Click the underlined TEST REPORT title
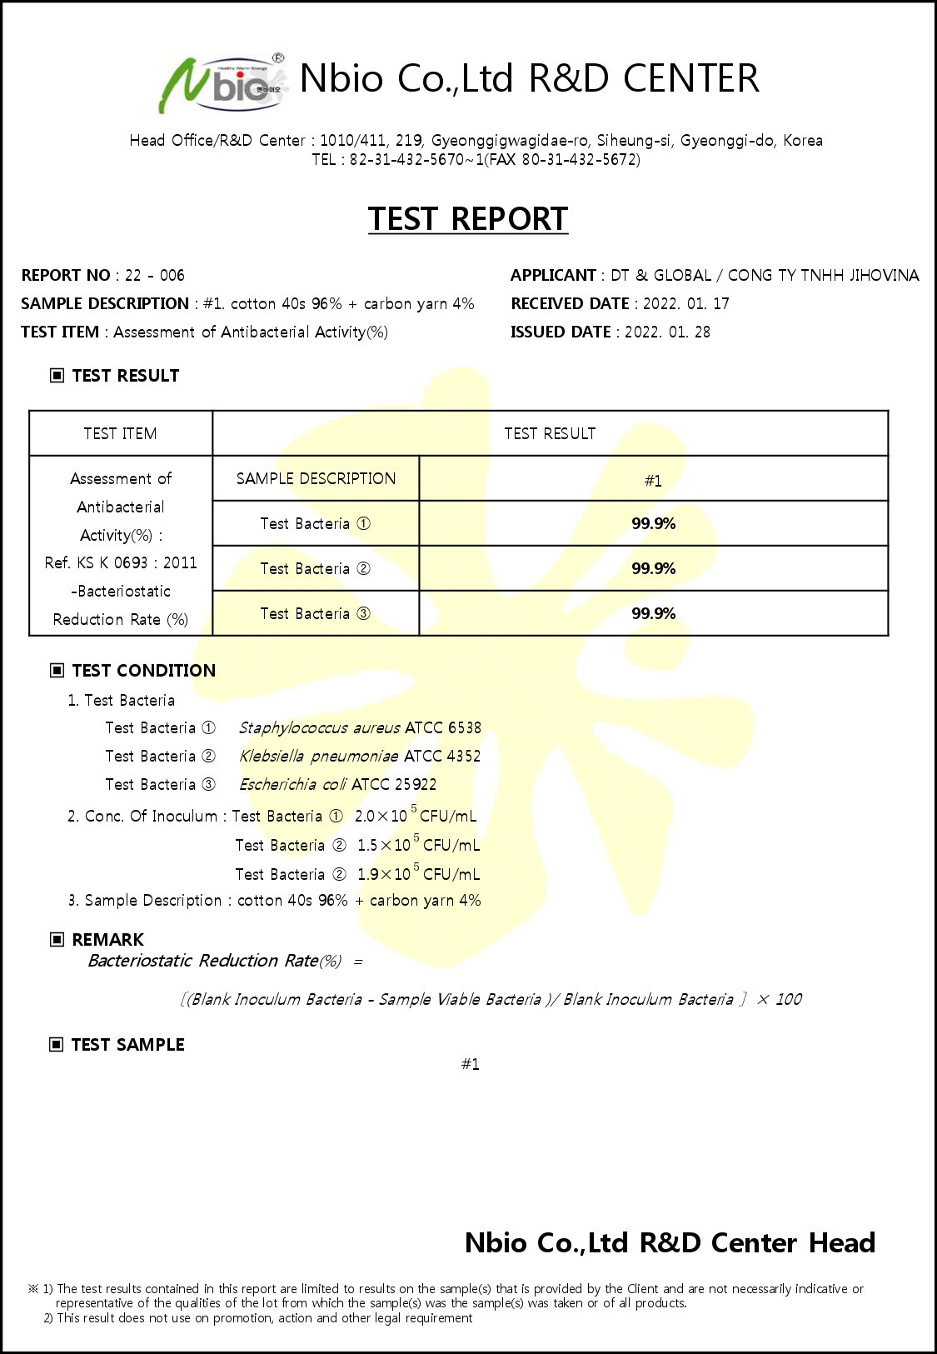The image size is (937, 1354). tap(468, 219)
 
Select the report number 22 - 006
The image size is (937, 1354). tap(155, 276)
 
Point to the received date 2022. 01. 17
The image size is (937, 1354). tap(686, 304)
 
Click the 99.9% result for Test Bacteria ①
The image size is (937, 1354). tap(653, 523)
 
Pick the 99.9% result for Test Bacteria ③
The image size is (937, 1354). tap(653, 613)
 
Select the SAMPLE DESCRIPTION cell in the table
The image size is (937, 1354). tap(316, 478)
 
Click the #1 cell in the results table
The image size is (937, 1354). tap(653, 481)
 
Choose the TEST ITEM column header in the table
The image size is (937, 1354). tap(120, 433)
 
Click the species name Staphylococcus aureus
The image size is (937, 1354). tap(319, 728)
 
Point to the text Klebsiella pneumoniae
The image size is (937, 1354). tap(318, 757)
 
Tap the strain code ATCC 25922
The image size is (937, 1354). tap(394, 785)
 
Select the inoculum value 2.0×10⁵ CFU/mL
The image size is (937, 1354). tap(415, 816)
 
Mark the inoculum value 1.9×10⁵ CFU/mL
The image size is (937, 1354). tap(418, 874)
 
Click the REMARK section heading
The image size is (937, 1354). tap(107, 940)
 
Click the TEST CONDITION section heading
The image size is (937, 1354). tap(143, 671)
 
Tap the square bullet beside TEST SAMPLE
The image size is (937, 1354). tap(57, 1045)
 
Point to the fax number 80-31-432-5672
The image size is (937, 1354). tap(579, 160)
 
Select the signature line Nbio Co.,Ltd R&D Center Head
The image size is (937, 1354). tap(670, 1243)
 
